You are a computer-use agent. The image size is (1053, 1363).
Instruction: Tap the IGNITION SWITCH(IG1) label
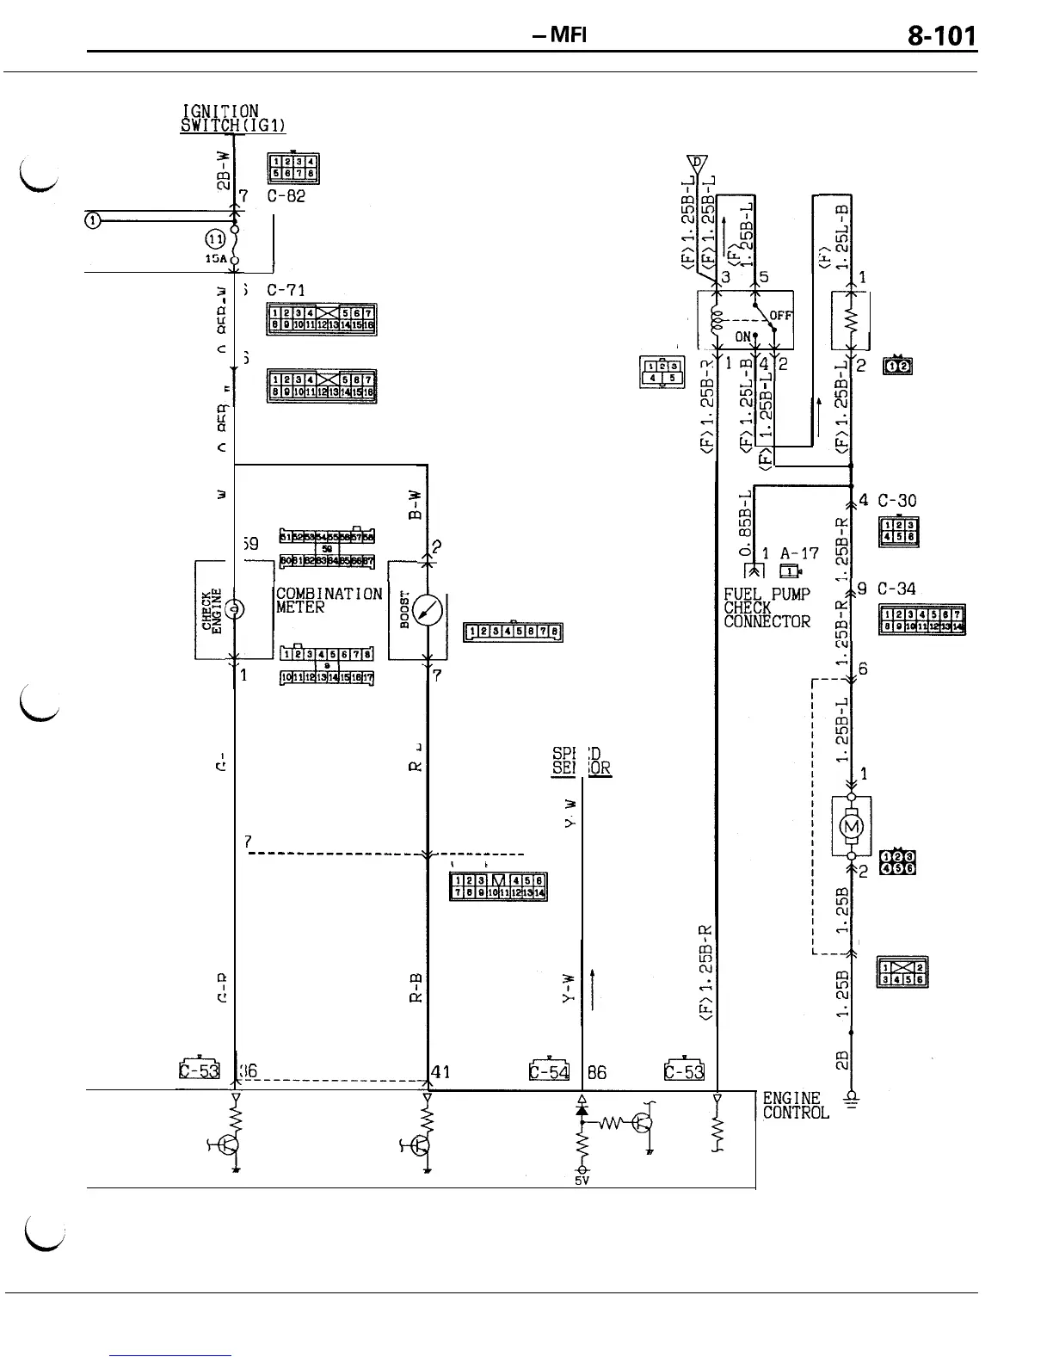pos(232,118)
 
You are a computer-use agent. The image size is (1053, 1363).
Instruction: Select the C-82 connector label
pos(280,195)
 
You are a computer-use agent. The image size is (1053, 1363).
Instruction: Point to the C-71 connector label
pos(280,290)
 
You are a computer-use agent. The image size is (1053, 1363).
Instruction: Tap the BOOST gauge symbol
pos(428,610)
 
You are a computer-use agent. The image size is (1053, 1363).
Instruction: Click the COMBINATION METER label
pos(329,601)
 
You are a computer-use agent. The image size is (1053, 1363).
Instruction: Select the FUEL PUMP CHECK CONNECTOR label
pos(767,607)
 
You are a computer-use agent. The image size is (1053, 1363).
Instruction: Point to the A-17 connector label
pos(799,554)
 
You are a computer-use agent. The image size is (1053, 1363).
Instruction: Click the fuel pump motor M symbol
pos(852,827)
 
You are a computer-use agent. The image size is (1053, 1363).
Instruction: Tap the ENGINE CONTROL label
pos(795,1105)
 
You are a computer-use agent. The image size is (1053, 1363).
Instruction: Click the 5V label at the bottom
pos(582,1181)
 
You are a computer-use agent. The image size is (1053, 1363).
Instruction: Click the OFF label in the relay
pos(780,316)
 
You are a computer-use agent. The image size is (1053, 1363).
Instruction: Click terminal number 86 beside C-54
pos(596,1073)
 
